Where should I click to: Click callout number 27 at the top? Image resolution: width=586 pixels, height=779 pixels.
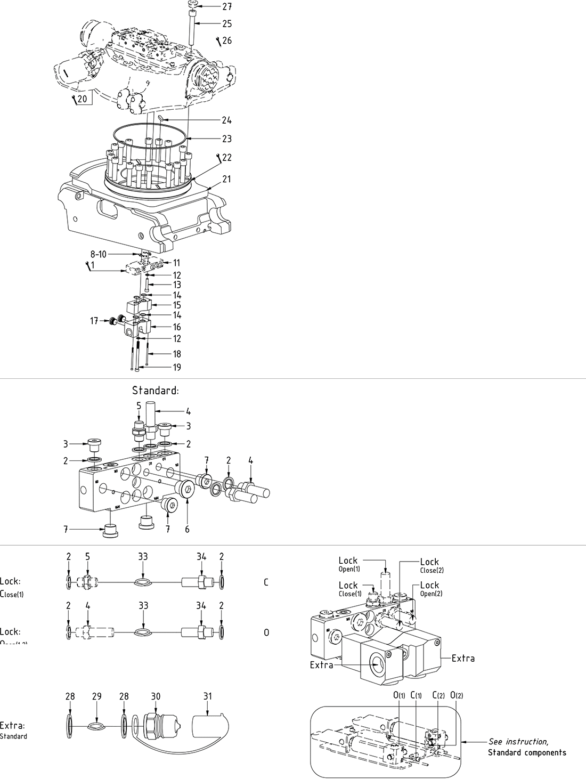[x=227, y=6]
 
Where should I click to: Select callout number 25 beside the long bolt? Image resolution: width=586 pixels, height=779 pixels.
[x=227, y=23]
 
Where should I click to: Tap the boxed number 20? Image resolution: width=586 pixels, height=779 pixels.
[x=82, y=99]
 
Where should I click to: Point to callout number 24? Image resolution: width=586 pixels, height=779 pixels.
[x=227, y=120]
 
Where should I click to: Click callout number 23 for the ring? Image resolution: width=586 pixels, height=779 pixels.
[x=227, y=139]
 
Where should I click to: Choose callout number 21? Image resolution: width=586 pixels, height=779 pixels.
[x=227, y=179]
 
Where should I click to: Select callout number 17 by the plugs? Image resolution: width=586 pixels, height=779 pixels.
[x=94, y=321]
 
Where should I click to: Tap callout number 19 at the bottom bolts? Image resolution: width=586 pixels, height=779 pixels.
[x=177, y=367]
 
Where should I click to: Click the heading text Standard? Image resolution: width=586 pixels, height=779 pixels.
[x=156, y=391]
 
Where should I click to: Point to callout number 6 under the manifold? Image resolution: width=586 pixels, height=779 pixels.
[x=187, y=529]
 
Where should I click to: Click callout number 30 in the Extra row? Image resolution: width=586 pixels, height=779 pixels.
[x=156, y=696]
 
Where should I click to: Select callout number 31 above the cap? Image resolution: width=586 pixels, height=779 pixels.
[x=208, y=696]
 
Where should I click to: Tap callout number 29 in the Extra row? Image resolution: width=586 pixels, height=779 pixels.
[x=97, y=696]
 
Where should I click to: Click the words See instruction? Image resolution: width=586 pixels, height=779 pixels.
[x=518, y=741]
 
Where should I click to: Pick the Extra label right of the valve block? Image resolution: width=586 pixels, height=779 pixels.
[x=463, y=658]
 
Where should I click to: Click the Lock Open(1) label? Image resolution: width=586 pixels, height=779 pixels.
[x=349, y=563]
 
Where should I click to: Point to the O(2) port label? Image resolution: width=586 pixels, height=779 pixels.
[x=457, y=695]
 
